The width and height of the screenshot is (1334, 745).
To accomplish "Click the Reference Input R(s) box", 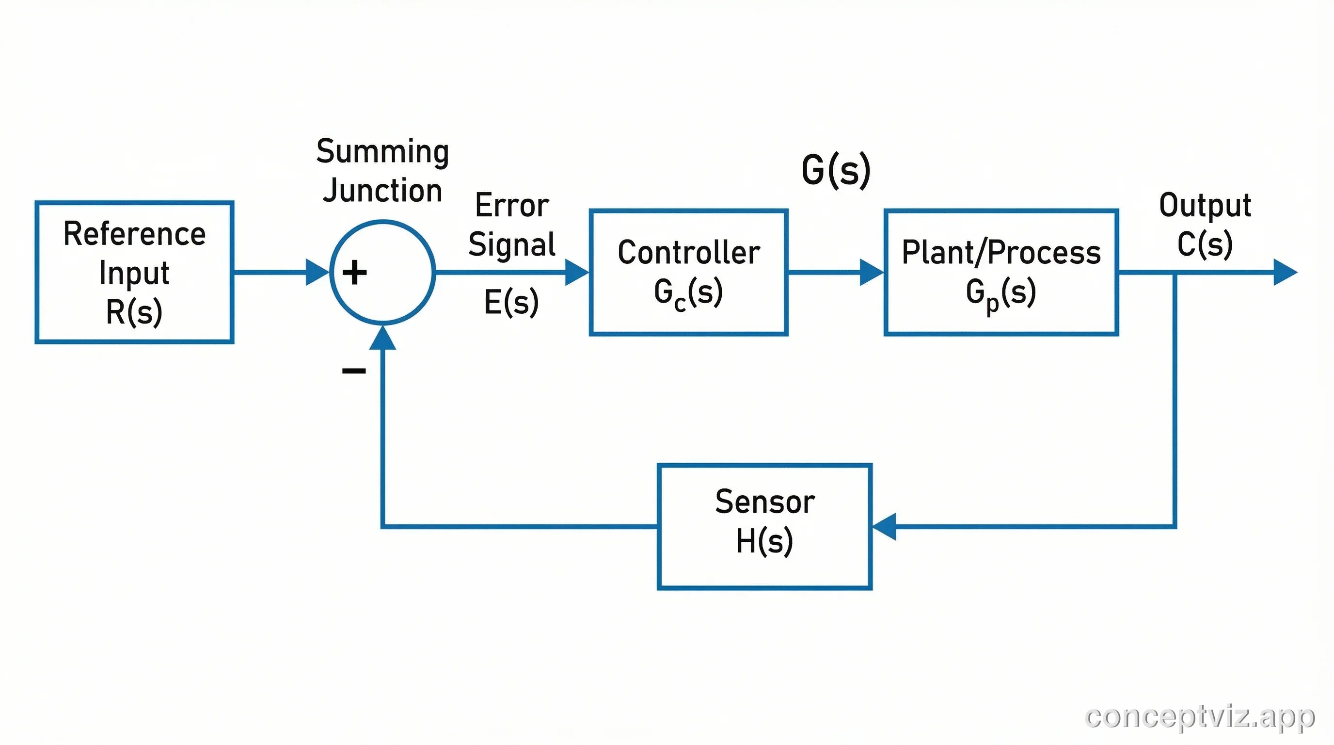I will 134,272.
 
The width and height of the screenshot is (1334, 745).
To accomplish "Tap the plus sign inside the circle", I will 355,273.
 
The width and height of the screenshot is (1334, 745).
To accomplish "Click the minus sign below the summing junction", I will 354,371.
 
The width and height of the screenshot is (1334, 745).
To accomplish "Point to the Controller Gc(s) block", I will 688,272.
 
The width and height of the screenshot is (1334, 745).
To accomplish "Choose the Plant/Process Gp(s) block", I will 1001,272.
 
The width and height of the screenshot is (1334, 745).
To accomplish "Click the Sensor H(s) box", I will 764,526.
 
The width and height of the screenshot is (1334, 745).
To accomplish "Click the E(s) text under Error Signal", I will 511,302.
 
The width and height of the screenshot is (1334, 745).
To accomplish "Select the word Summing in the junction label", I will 382,152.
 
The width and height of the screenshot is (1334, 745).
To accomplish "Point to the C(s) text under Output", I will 1205,244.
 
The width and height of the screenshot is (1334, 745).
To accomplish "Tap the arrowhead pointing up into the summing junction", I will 382,338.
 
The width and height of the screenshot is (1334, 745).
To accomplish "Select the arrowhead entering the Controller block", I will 576,272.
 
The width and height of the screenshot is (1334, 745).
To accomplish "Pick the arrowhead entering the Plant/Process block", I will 871,272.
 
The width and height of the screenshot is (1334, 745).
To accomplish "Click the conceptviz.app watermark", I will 1199,716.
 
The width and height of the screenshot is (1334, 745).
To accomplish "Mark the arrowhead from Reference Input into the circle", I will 317,272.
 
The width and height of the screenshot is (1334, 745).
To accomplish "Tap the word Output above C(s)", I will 1205,205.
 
